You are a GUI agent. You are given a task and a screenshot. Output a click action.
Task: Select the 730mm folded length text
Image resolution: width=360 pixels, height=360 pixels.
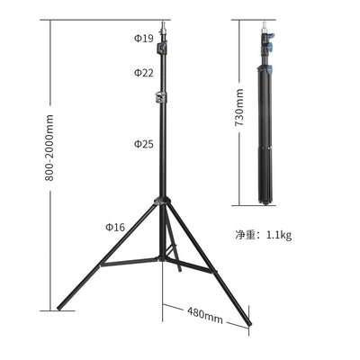coord(239,108)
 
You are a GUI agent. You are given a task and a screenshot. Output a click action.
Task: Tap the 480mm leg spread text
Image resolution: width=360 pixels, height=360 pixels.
coord(204,316)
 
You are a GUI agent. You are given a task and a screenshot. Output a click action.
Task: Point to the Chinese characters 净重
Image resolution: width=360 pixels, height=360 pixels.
coord(246,235)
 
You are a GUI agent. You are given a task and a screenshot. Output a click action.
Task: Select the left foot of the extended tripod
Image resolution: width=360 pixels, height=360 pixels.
coord(60,307)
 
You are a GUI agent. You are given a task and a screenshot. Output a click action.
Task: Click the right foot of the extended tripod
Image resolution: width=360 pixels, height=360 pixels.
coord(248,321)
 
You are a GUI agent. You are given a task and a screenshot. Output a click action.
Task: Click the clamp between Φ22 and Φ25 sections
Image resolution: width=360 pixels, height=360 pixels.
coord(162,95)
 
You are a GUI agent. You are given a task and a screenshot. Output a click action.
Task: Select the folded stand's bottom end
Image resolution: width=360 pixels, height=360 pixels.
coord(267,202)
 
